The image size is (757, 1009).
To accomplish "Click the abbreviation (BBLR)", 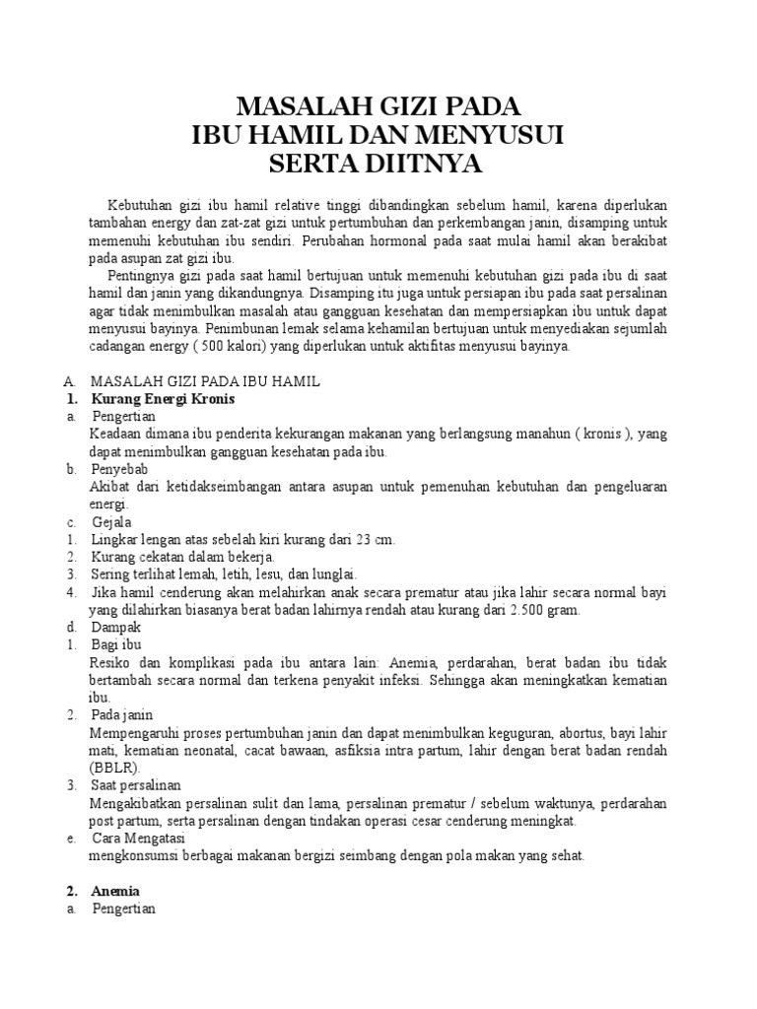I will coord(114,767).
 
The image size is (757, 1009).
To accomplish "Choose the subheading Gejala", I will coord(112,521).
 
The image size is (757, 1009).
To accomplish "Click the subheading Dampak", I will coord(116,627).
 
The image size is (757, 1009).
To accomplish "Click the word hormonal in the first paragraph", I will coord(412,240).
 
